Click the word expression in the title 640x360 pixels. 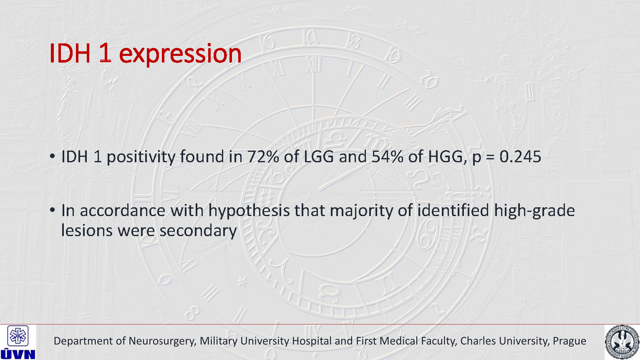tap(180, 54)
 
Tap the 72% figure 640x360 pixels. tap(263, 156)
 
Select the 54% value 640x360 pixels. tap(388, 156)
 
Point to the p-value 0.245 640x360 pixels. tap(520, 156)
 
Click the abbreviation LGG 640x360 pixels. tap(318, 156)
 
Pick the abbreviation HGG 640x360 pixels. tap(445, 157)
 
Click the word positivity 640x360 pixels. tap(141, 157)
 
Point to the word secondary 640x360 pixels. tap(198, 231)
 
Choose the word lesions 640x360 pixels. tap(87, 230)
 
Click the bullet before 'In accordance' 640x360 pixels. tap(52, 210)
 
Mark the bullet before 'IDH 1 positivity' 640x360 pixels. tap(52, 156)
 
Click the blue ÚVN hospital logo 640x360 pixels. tap(18, 342)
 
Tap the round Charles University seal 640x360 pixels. tap(622, 342)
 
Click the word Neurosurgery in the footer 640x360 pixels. tap(162, 341)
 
